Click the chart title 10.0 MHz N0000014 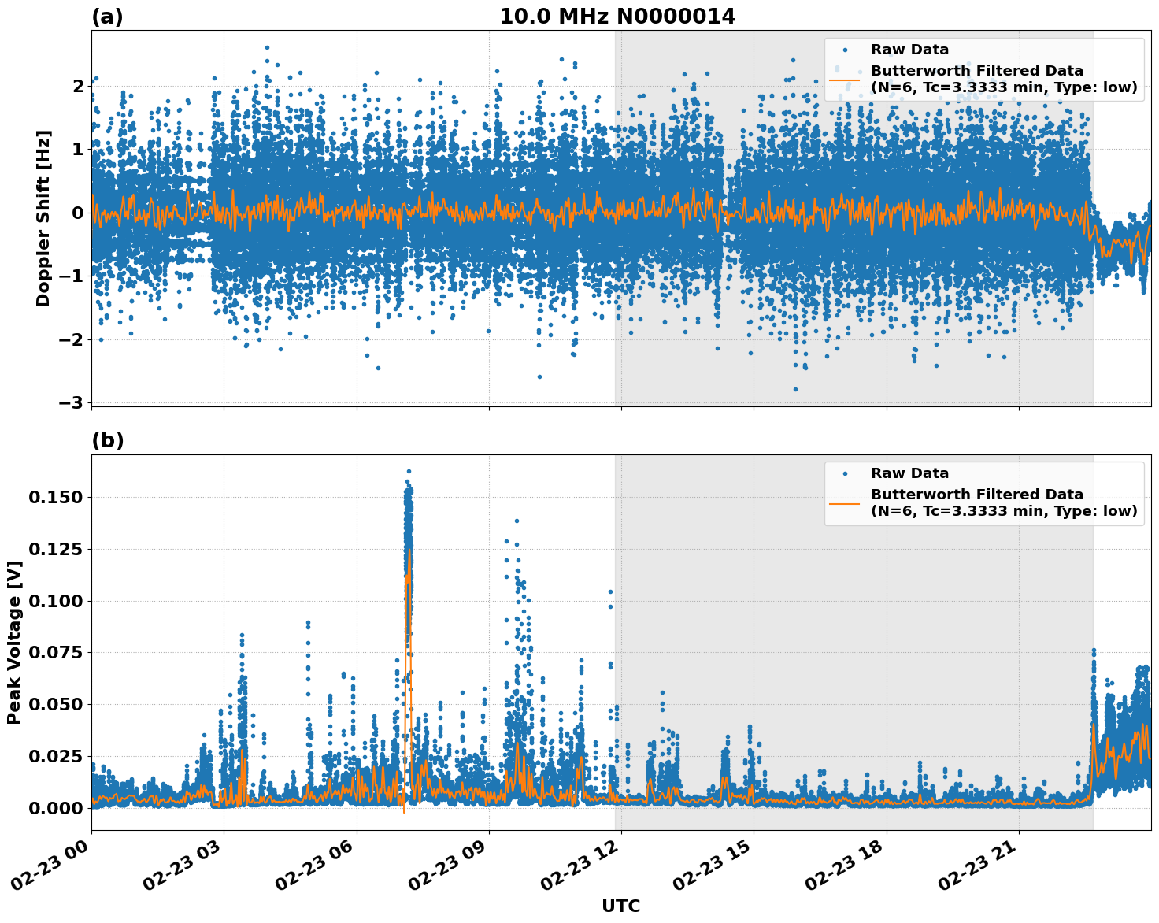[617, 17]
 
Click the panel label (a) [107, 17]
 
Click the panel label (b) [107, 440]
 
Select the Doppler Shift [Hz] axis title [43, 218]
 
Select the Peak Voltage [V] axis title [13, 642]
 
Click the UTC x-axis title [620, 906]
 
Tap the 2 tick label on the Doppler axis [78, 86]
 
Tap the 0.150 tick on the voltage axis [55, 497]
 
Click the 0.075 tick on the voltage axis [55, 652]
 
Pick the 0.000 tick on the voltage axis [55, 808]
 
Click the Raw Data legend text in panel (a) [909, 50]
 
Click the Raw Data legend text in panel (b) [909, 473]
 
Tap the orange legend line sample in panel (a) [844, 79]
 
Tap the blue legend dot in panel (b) [844, 473]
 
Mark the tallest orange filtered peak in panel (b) [409, 551]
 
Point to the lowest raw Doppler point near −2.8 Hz [795, 389]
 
